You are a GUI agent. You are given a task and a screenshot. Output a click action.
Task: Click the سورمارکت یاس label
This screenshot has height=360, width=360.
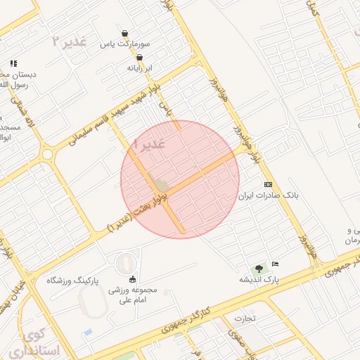click(x=125, y=44)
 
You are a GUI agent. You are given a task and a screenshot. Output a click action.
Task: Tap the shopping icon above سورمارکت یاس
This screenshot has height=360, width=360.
click(x=125, y=33)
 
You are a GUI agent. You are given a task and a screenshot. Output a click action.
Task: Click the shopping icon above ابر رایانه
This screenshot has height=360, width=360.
click(x=139, y=58)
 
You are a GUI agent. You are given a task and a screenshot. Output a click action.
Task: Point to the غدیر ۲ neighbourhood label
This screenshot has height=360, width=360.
click(x=70, y=40)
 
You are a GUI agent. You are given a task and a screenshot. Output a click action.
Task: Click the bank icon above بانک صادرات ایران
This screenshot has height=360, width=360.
click(x=267, y=184)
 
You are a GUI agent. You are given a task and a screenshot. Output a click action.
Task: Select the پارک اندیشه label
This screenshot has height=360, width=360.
click(x=259, y=279)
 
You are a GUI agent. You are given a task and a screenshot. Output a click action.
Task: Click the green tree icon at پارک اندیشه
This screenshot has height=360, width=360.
click(x=259, y=267)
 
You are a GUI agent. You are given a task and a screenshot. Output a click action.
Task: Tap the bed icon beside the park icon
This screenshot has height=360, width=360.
click(x=275, y=264)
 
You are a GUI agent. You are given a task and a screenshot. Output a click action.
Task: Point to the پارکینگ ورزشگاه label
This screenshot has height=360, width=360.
click(x=74, y=280)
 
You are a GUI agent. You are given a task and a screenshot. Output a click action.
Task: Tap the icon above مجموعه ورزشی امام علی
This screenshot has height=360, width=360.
click(x=132, y=279)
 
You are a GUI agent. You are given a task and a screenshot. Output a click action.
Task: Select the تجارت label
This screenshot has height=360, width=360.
click(x=245, y=318)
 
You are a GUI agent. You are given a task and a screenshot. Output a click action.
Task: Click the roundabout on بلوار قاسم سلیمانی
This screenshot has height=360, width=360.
click(x=47, y=153)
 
